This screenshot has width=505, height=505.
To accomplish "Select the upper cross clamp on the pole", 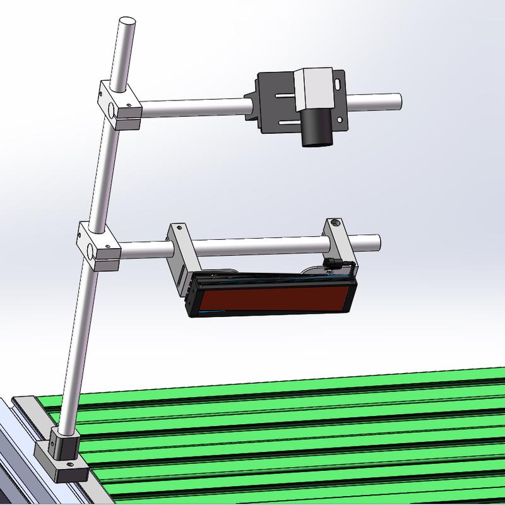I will click(119, 105).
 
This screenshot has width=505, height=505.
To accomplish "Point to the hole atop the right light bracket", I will click(334, 222).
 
